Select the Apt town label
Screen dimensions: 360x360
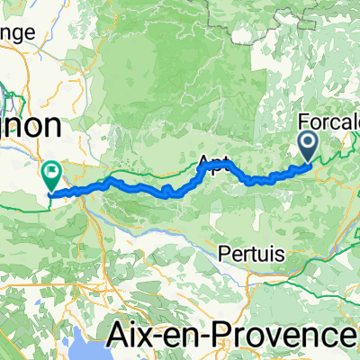tap(211, 162)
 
